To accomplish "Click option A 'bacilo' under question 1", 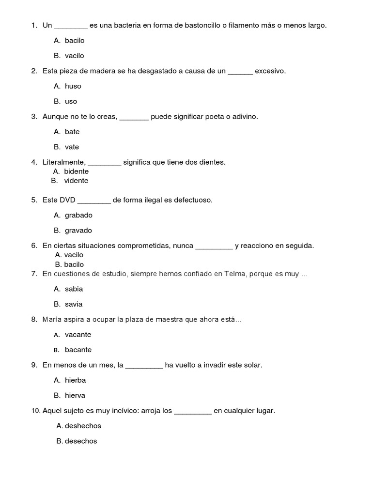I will [x=74, y=41].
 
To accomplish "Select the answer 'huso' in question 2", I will [x=73, y=86].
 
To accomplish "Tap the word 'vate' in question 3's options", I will [x=72, y=147].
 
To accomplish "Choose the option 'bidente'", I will [x=76, y=171].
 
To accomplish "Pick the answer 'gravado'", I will [x=78, y=231].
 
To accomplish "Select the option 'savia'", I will [x=74, y=304].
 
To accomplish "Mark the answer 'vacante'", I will [x=77, y=335].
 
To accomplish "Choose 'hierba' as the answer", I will [x=75, y=380].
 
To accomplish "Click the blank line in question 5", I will [x=94, y=201].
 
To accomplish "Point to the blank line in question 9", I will [x=144, y=366].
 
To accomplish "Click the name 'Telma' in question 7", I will [x=235, y=274].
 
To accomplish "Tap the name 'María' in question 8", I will [x=52, y=320].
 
